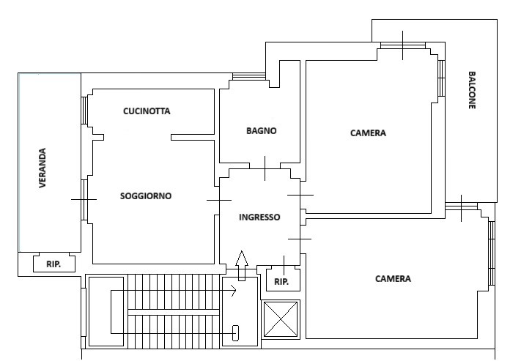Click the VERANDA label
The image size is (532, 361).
click(43, 168)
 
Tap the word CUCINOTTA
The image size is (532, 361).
click(147, 111)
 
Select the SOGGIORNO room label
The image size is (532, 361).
click(146, 196)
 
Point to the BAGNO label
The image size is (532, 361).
click(262, 131)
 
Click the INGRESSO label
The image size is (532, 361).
click(259, 217)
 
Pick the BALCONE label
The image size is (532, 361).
click(472, 90)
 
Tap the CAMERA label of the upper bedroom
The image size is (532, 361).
click(368, 133)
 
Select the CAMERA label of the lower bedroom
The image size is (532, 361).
click(393, 279)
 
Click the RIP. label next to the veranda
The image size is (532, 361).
click(53, 264)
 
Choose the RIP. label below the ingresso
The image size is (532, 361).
click(281, 282)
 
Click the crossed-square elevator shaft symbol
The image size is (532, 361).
click(281, 320)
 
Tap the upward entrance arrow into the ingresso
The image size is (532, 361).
click(242, 266)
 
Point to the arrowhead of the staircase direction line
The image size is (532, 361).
click(234, 291)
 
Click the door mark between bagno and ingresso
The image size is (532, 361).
click(265, 168)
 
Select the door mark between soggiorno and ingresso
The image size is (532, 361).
click(219, 201)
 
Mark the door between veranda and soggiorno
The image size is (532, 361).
click(84, 200)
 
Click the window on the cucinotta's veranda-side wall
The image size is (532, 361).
click(84, 111)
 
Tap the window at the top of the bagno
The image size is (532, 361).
click(249, 77)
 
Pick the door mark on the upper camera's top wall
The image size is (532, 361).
click(403, 45)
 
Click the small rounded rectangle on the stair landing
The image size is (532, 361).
click(235, 333)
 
